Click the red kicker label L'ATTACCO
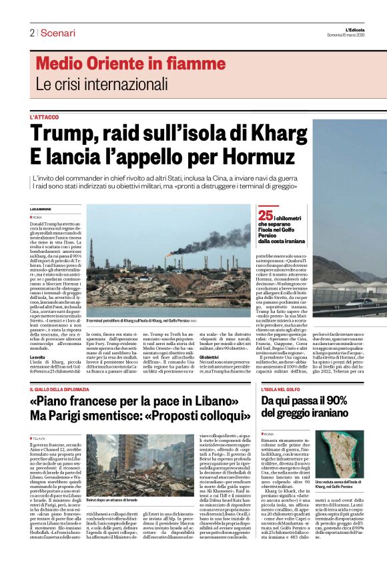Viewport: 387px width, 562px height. (44, 117)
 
